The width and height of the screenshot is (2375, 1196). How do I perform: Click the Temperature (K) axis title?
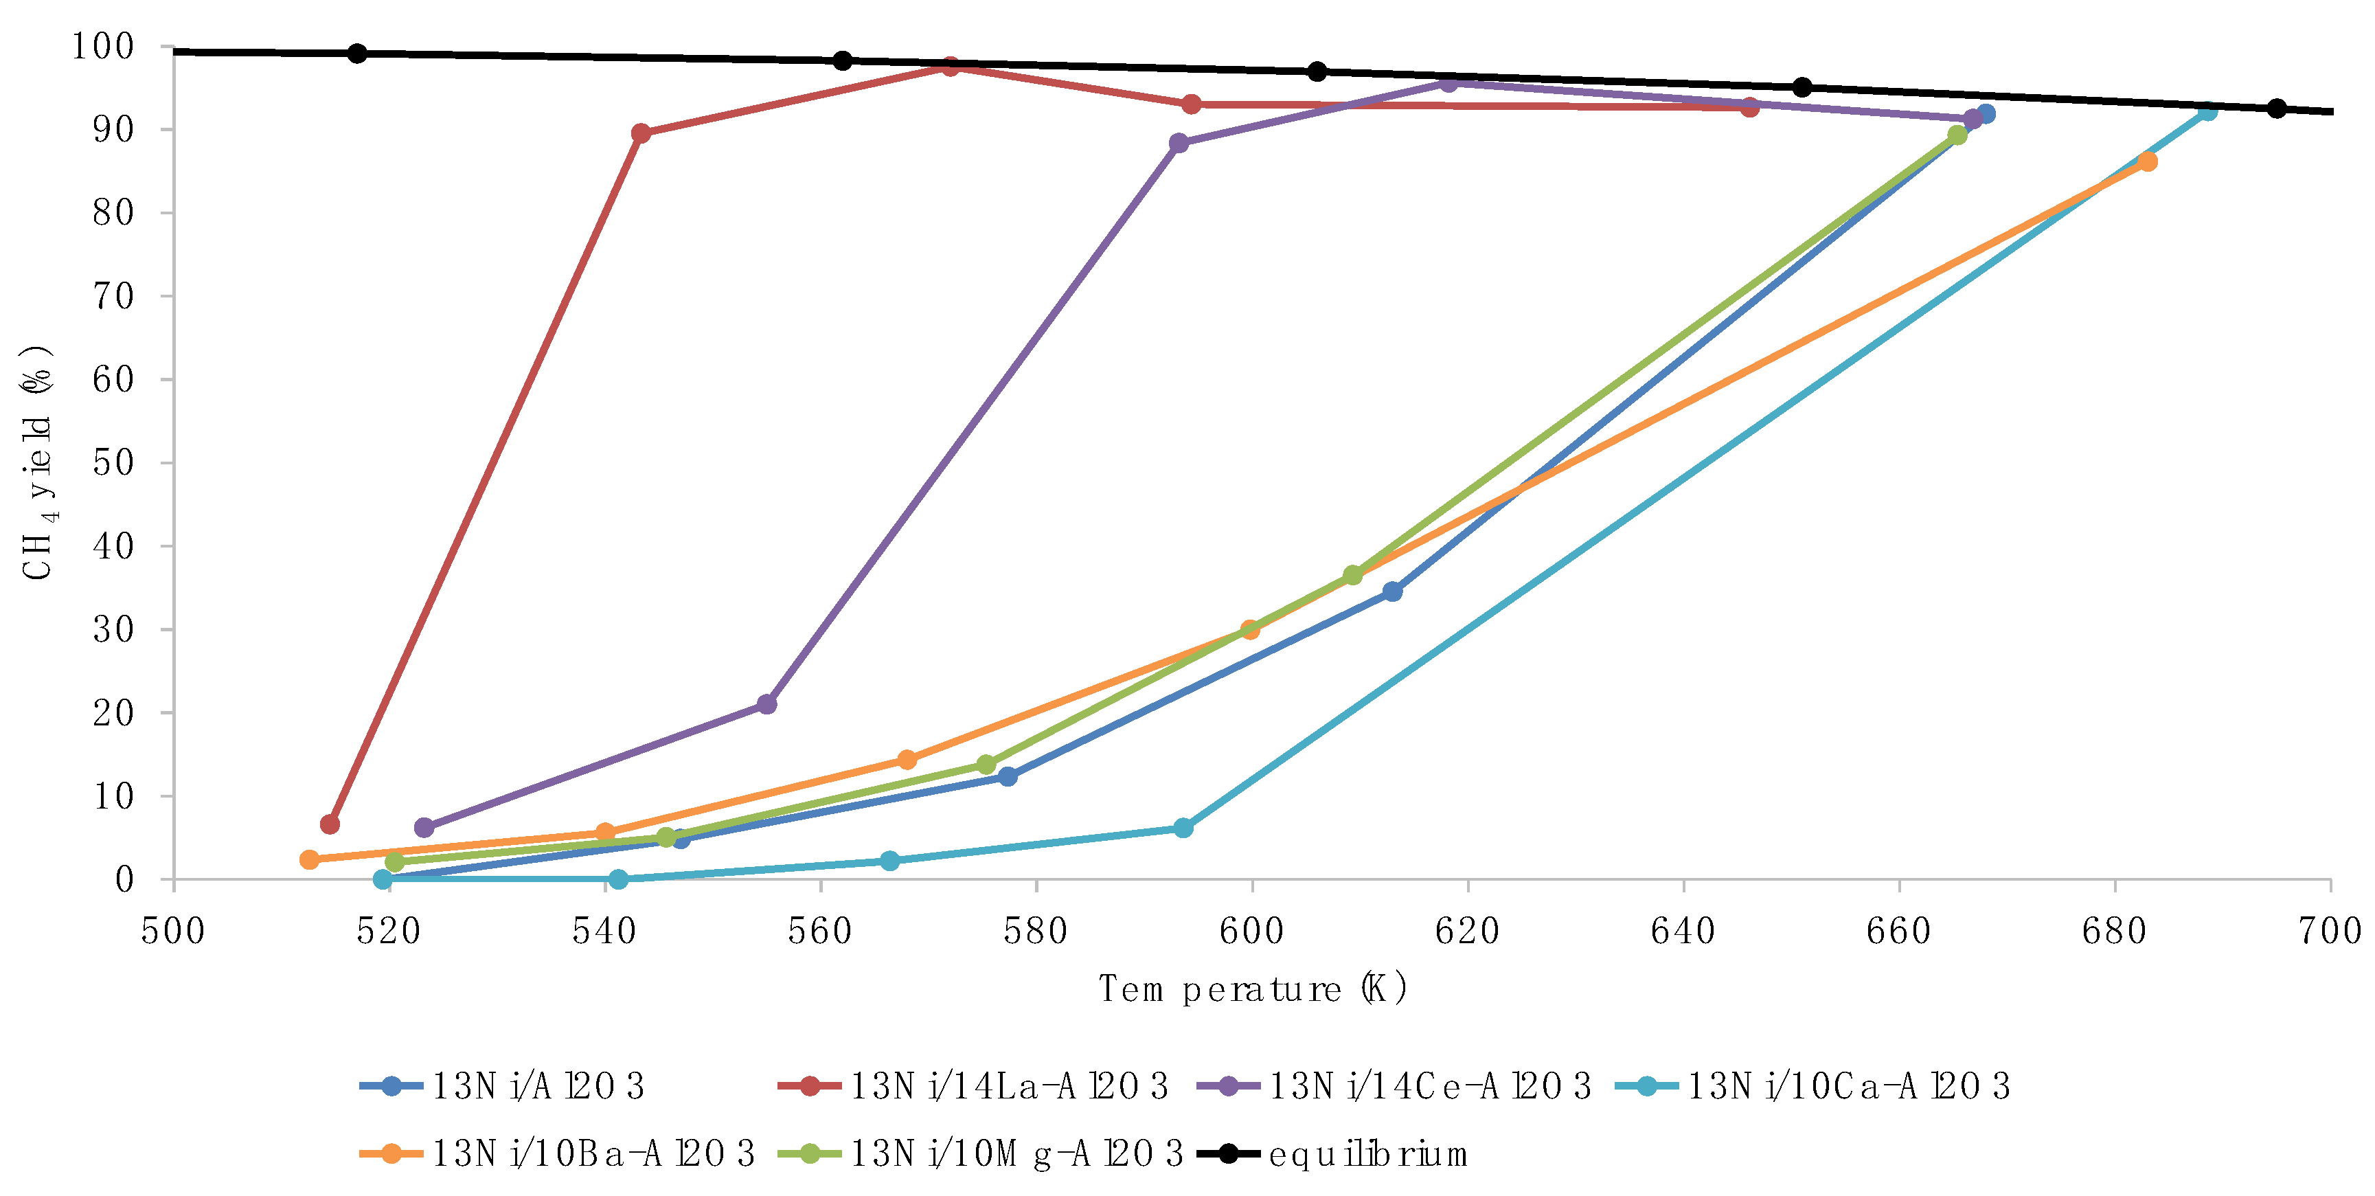pos(1253,989)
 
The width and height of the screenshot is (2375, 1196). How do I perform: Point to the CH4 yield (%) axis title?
pos(38,463)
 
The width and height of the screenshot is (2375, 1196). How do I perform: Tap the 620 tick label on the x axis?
pos(1467,932)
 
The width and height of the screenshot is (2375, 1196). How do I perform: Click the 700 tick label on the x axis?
pos(2330,932)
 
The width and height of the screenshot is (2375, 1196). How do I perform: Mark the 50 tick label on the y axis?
pos(113,463)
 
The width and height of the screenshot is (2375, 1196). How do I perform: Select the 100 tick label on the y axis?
pos(103,46)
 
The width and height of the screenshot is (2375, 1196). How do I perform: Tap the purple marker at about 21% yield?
pos(766,705)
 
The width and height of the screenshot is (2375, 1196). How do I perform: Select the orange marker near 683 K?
pos(2147,161)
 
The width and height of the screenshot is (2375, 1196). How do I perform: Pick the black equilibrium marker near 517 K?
pos(358,54)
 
